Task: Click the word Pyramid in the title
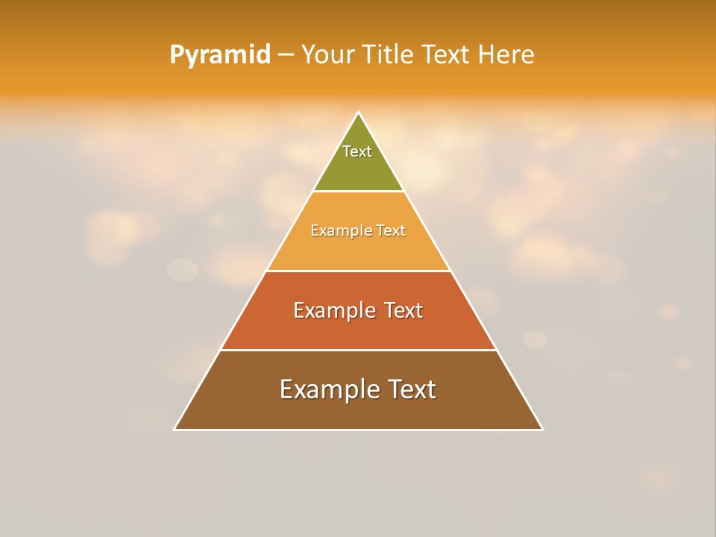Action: click(x=220, y=55)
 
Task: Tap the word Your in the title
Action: click(x=325, y=55)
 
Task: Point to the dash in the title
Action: click(x=286, y=55)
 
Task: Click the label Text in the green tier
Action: click(x=357, y=151)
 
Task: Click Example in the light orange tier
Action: click(x=333, y=231)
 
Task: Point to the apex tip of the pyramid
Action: click(x=359, y=113)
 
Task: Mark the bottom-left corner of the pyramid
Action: click(x=175, y=429)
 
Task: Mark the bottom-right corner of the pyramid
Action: click(x=542, y=429)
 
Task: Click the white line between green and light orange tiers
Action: click(x=358, y=192)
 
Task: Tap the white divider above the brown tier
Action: click(x=358, y=350)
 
